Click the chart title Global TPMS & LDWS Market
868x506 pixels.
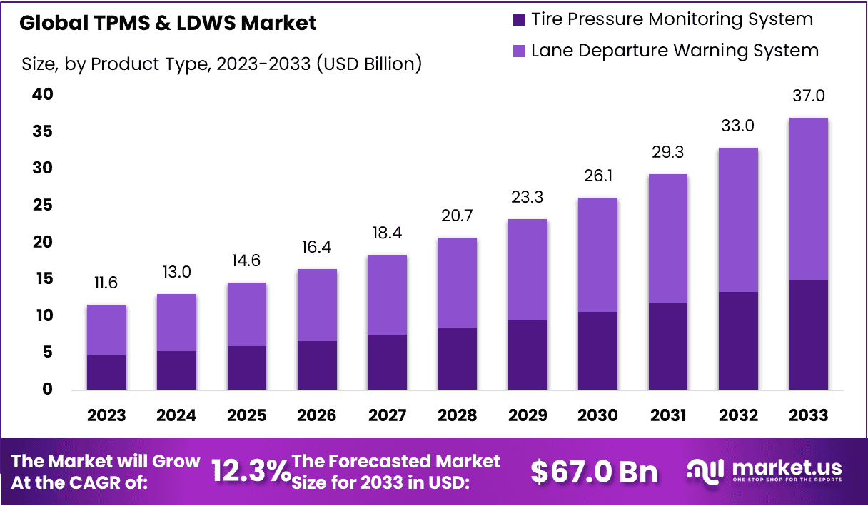tap(168, 23)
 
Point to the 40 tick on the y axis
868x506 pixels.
tap(41, 94)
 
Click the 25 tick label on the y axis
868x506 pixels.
tap(41, 206)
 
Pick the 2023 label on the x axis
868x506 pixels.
tap(106, 415)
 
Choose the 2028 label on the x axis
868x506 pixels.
tap(457, 415)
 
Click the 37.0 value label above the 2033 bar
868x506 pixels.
tap(808, 96)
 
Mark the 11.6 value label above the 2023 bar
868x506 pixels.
tap(106, 283)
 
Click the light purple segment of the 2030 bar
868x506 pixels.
tap(597, 254)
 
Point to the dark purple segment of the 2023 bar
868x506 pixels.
tap(106, 372)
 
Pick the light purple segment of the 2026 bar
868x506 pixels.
tap(317, 305)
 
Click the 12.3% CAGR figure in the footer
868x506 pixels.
tap(251, 471)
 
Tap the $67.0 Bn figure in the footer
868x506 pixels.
tap(594, 471)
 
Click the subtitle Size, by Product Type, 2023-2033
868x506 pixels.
tap(221, 64)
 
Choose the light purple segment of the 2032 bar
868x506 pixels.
tap(738, 220)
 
